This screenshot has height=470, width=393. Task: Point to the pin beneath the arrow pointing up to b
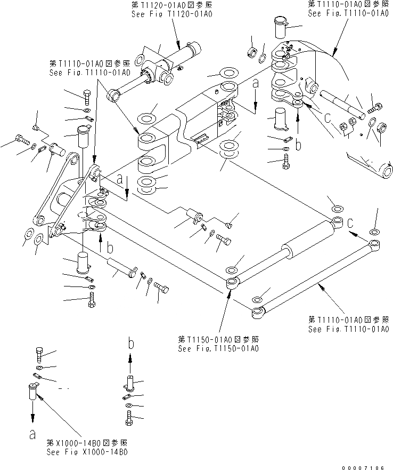(130, 383)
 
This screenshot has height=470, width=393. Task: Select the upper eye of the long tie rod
(375, 245)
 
